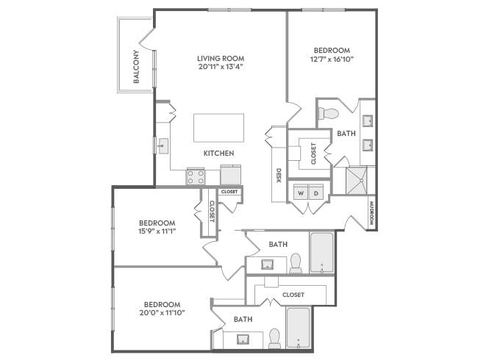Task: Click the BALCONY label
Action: tap(136, 68)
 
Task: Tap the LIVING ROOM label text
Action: tap(221, 58)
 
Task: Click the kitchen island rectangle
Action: tap(219, 128)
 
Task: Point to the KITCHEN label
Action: tap(219, 154)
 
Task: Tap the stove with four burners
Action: tap(196, 176)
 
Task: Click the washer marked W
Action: tap(299, 192)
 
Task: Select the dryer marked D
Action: tap(317, 192)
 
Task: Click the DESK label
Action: tap(279, 176)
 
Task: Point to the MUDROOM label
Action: tap(372, 212)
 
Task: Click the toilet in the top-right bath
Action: tap(329, 114)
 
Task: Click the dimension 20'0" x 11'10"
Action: tap(163, 312)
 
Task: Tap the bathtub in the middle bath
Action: tap(322, 253)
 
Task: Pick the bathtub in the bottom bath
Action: tap(298, 328)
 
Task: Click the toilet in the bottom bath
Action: tap(274, 337)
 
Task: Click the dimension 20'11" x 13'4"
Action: tap(221, 67)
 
